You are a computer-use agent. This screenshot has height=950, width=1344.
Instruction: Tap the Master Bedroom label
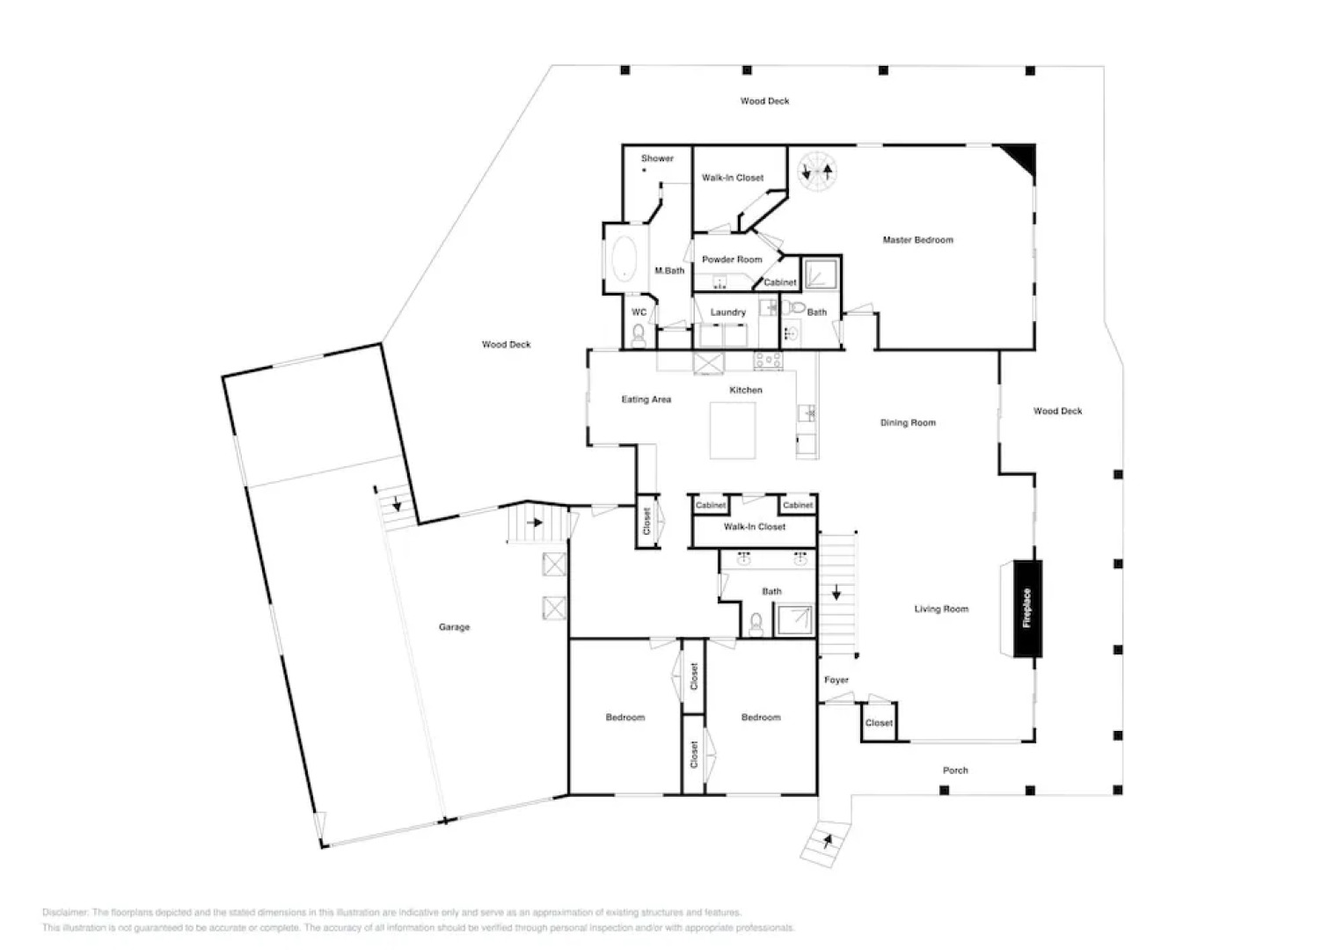point(917,240)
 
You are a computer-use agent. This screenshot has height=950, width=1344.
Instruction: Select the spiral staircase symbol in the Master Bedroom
point(816,170)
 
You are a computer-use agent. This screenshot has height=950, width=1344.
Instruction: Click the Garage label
point(454,627)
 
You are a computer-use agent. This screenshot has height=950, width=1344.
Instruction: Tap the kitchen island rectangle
point(734,430)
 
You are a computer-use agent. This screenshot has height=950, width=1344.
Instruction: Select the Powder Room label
point(732,259)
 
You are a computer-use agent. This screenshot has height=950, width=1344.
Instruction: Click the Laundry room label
point(728,312)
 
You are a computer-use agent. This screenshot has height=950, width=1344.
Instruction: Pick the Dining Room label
point(908,423)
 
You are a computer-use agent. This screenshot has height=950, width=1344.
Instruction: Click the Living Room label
point(940,609)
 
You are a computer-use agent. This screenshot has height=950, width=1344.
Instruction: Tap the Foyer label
point(836,680)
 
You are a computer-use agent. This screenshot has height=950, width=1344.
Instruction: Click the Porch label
point(955,771)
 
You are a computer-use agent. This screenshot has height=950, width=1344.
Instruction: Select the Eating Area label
point(646,399)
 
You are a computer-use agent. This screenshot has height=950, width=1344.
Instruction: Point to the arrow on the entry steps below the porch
point(827,842)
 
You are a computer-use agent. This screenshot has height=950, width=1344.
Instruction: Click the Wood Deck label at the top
point(764,101)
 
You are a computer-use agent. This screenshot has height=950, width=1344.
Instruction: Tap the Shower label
point(657,158)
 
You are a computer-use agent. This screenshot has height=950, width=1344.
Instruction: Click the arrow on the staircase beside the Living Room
point(836,594)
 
